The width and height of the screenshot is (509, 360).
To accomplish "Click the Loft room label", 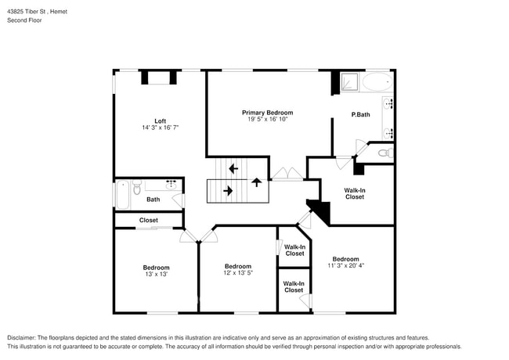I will point(160,121).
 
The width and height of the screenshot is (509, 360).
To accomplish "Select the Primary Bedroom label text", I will point(267,113).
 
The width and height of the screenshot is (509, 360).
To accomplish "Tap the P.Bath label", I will point(360,115).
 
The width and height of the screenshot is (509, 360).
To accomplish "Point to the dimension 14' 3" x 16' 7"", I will point(161,128).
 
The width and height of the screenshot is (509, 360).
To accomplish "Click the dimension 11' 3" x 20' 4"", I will point(345,266).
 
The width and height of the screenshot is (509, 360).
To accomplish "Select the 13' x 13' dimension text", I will point(156,274).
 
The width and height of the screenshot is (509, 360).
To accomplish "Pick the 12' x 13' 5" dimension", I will point(238,273).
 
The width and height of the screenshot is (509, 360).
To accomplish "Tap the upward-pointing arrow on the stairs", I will point(256,182).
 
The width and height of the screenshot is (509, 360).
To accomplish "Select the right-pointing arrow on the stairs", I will point(228,190).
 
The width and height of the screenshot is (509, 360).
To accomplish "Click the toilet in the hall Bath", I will point(137,188).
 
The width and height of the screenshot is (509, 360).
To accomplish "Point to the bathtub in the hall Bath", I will point(122,194).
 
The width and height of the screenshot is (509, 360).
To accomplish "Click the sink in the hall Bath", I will point(171,184).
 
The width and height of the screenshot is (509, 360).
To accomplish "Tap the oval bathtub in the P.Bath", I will point(378,81).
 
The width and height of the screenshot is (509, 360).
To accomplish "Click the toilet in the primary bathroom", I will point(383,153).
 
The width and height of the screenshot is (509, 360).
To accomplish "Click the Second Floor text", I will point(25,20).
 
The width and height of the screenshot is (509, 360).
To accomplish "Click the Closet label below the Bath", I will point(148,220).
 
